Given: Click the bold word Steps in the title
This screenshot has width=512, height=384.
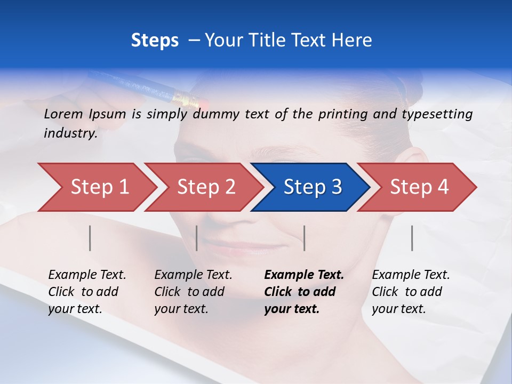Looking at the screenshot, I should point(155,41).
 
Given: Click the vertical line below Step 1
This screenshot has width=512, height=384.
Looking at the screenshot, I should point(90,238).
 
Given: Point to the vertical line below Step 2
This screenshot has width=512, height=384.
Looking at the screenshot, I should point(197,238).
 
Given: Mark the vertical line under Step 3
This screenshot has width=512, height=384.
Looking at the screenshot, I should point(304,238).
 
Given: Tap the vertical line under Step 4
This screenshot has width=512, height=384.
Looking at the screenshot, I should point(412,238).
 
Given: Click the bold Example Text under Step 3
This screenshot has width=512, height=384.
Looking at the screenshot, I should point(304,275).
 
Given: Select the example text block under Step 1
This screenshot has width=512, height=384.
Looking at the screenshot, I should point(87,292).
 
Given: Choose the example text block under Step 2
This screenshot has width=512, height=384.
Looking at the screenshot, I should point(193,292).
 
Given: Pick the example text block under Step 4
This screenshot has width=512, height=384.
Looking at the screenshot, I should point(411,292).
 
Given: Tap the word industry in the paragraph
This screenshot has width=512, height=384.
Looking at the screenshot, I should point(70,133).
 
